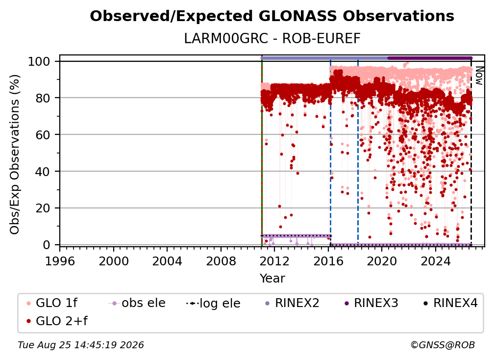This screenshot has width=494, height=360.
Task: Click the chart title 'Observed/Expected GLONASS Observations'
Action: tap(272, 16)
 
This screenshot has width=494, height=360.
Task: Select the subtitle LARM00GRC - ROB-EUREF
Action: tap(272, 39)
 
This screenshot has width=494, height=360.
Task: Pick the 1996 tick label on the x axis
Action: tap(60, 261)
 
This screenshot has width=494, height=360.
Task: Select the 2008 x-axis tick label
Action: tap(221, 261)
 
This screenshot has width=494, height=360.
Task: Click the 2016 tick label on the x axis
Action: tap(328, 261)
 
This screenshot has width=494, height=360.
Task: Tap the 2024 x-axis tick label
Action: tap(436, 261)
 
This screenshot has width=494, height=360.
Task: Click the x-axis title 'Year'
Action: tap(272, 279)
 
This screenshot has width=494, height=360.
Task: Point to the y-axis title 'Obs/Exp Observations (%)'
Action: tap(15, 154)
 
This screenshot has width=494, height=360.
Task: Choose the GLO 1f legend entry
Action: tap(52, 303)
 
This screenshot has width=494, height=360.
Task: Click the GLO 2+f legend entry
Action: tap(57, 321)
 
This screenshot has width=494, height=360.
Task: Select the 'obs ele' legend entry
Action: tap(137, 303)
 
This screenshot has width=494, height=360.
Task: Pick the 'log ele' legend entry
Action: tap(213, 304)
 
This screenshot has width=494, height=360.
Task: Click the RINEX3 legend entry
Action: tap(371, 303)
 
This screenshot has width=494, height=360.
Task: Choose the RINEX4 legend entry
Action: tap(450, 303)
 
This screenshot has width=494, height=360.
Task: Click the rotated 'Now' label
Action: tap(479, 76)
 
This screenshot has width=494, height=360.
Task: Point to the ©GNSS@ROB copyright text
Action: tap(443, 345)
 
